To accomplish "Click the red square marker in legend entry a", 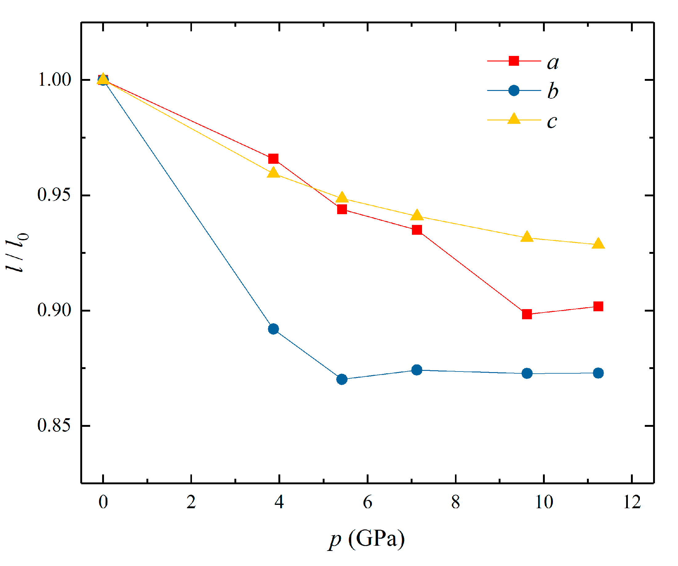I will click(514, 61).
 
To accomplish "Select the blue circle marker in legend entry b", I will click(514, 91).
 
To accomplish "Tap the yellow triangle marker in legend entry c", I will click(514, 119).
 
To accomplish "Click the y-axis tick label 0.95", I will click(54, 195).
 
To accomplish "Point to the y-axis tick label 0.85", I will click(54, 425).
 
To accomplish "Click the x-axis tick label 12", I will click(632, 502).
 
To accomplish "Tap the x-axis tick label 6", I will click(367, 502).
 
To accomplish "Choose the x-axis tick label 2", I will click(191, 502).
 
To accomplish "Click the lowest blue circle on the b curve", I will click(342, 379).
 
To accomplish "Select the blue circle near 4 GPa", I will click(273, 329).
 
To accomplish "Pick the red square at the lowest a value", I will click(527, 314).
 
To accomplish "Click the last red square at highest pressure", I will click(598, 306).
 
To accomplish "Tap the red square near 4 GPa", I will click(273, 159).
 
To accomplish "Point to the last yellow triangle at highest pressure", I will click(598, 243).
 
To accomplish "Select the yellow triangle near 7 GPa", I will click(417, 215).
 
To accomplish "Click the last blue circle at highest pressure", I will click(598, 373).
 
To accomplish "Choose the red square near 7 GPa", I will click(417, 230).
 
